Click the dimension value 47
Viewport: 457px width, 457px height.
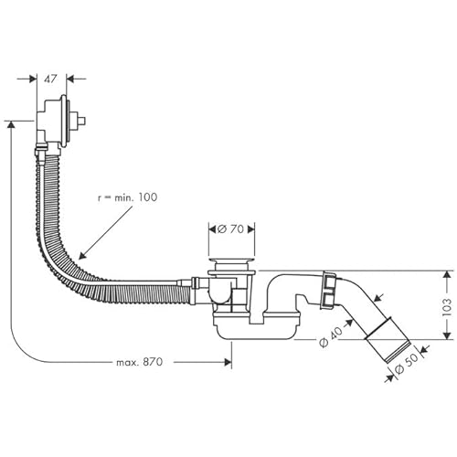click(51, 79)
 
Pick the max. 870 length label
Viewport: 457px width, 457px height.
click(139, 363)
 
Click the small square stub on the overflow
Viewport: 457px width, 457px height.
click(81, 120)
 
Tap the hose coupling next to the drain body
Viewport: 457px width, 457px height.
click(192, 285)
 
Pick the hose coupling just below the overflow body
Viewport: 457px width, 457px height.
click(40, 147)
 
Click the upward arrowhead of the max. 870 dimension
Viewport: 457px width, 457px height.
click(11, 125)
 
